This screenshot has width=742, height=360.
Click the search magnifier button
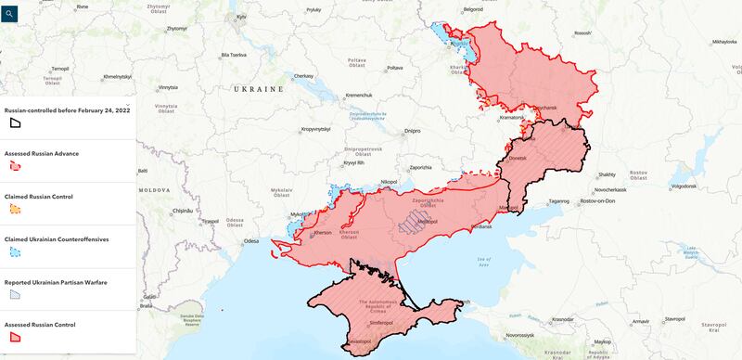click(x=10, y=14)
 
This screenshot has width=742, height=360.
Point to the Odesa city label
click(x=250, y=241)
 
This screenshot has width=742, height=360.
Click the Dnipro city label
click(x=412, y=131)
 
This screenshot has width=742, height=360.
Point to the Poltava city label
click(x=394, y=68)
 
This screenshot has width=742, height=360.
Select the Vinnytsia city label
click(x=167, y=87)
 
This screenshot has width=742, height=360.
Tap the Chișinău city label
click(x=182, y=211)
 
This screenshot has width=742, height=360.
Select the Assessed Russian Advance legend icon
click(x=16, y=165)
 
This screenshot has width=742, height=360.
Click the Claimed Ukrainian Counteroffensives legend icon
click(x=16, y=251)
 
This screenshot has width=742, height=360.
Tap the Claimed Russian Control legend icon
click(x=16, y=209)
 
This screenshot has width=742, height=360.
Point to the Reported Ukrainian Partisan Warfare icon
click(x=16, y=294)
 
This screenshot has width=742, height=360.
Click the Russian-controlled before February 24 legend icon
click(x=16, y=122)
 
